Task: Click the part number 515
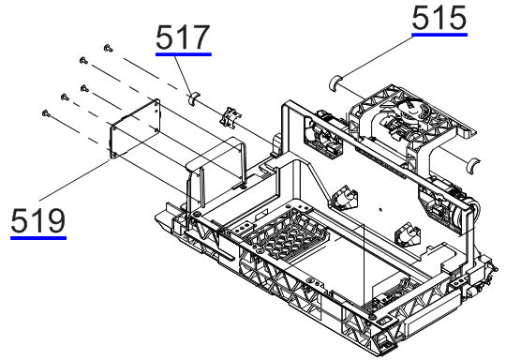439,18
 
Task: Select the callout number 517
184,37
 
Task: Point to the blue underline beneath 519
38,238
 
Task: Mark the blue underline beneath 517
184,55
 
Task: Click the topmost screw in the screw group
109,46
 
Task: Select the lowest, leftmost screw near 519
45,112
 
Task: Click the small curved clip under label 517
193,96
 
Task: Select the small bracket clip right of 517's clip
228,116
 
